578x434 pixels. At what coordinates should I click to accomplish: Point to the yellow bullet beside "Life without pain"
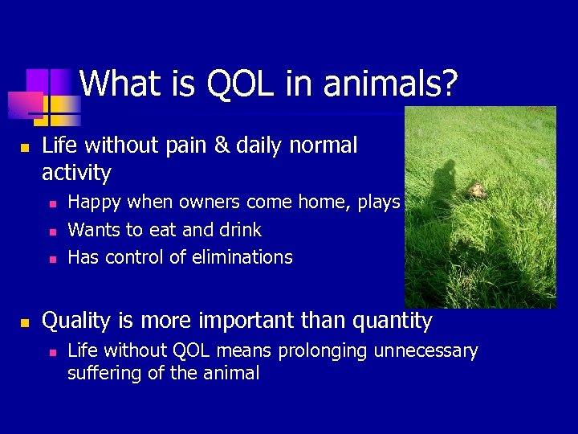[x=24, y=148]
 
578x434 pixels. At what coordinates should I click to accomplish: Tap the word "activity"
[x=76, y=173]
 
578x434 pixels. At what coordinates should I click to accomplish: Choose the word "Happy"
[x=96, y=203]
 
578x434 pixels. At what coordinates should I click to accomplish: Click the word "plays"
[x=379, y=203]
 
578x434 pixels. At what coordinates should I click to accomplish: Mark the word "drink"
[x=239, y=230]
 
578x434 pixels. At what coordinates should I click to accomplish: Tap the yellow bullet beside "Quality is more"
[x=24, y=323]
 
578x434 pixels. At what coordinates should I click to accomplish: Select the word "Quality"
[x=77, y=321]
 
